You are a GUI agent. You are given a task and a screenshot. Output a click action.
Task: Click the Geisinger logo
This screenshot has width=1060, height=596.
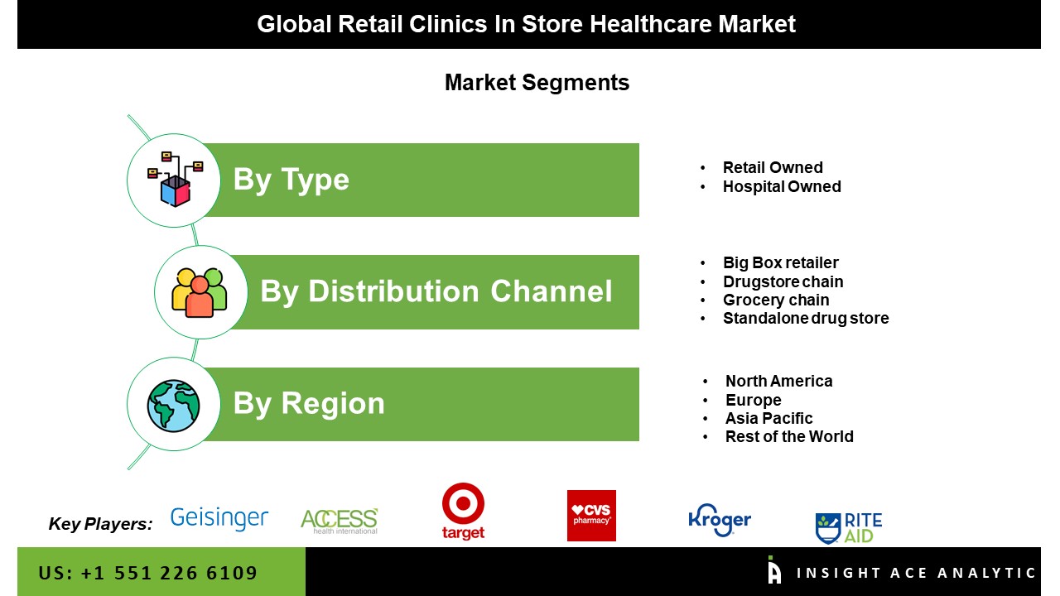(219, 518)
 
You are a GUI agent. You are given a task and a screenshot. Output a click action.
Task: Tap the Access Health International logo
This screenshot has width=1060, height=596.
(340, 521)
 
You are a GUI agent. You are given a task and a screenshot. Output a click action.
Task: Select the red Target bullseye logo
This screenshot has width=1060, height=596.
(463, 511)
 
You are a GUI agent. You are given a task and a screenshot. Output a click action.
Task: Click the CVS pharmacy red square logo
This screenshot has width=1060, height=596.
(591, 516)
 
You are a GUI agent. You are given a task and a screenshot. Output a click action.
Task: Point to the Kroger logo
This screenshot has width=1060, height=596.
(720, 520)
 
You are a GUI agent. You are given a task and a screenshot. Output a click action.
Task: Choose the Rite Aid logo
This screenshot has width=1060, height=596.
(849, 528)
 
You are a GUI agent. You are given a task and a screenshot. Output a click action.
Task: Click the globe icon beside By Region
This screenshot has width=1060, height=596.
(173, 406)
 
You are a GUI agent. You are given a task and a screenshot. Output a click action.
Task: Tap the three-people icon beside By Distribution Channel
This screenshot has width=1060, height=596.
(200, 293)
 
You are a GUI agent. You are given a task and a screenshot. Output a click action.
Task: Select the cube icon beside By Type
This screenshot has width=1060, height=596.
(175, 180)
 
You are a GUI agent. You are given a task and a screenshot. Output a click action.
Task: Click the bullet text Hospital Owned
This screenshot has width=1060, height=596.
(782, 186)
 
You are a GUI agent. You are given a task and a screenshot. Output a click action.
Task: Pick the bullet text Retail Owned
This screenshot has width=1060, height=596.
(773, 167)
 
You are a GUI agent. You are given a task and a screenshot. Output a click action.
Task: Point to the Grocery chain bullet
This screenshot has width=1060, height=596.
(776, 300)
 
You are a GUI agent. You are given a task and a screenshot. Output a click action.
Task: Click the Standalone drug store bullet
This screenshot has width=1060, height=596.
(806, 319)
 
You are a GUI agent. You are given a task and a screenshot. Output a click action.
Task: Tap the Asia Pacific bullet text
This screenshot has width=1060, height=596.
(769, 418)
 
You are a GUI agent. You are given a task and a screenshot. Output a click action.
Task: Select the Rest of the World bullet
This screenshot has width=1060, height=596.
(789, 436)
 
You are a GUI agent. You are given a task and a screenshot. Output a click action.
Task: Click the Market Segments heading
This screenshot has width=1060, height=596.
(537, 83)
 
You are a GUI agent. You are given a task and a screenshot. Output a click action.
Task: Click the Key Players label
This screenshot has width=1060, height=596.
(100, 524)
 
